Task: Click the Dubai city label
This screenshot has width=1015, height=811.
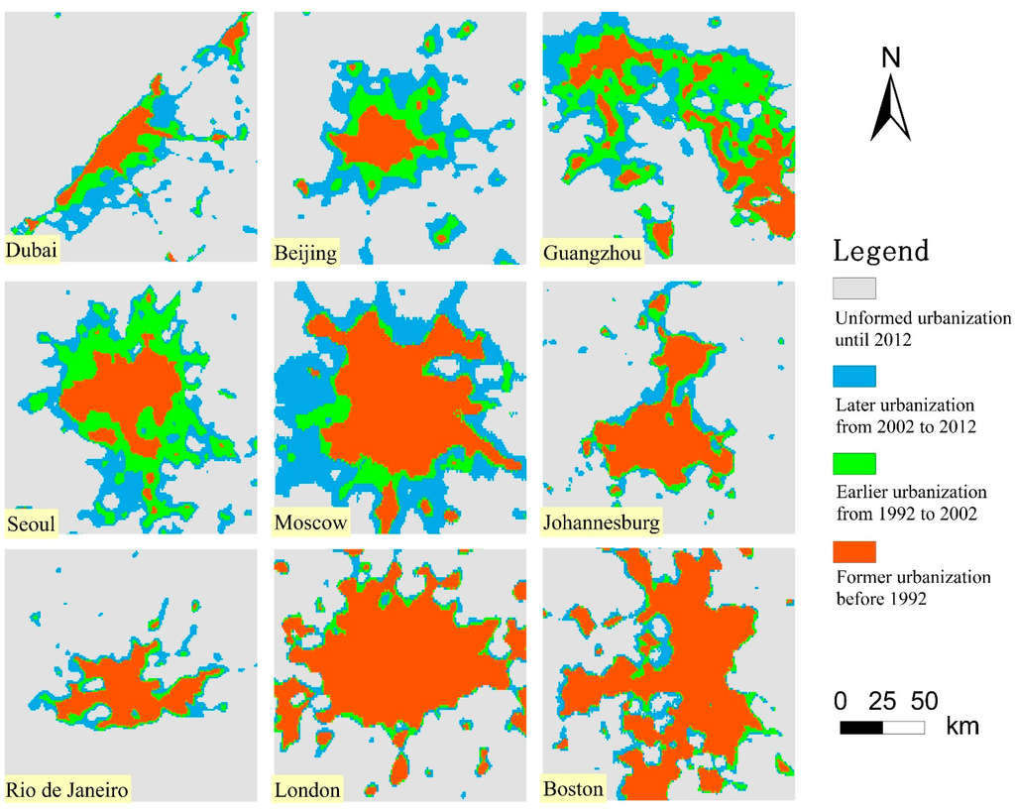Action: point(32,251)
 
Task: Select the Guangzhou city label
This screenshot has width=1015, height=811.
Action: point(593,254)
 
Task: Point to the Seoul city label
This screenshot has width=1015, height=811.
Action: point(30,522)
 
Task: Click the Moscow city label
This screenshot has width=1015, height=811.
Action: point(311,522)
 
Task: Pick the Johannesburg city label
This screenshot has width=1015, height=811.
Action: point(602,522)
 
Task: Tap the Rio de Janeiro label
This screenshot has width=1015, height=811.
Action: point(68,790)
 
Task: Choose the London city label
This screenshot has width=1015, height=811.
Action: point(308,790)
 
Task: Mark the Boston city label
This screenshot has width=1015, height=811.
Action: point(573,790)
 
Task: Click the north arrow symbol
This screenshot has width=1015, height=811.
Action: point(890,109)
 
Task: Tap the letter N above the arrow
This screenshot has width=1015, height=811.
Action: point(891,58)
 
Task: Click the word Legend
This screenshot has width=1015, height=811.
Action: point(881,251)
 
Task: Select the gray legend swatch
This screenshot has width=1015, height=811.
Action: point(853,288)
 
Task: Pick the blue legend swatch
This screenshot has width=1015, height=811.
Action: point(853,376)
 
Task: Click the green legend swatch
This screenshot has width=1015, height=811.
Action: point(853,462)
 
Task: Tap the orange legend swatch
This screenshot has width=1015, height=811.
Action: point(853,549)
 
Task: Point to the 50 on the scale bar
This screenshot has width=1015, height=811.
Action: point(924,702)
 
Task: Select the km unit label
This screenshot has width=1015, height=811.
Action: point(962,727)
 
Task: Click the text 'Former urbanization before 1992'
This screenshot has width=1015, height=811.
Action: point(913,587)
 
